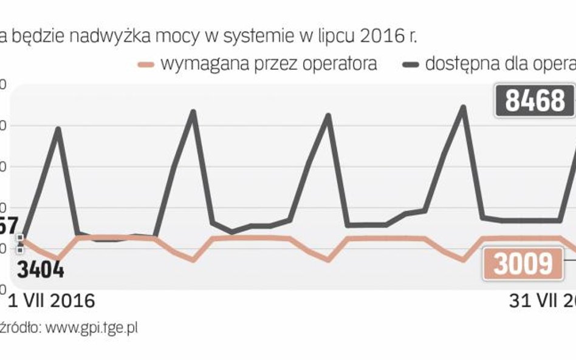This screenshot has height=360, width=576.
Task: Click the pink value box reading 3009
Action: pos(523,264)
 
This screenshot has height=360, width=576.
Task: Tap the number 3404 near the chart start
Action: pos(40,269)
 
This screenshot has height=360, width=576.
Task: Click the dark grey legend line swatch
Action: pos(411,64)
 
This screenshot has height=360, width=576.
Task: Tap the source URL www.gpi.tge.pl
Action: pos(92,328)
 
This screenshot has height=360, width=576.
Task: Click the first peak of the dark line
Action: pos(58,128)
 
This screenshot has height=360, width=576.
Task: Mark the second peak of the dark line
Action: pos(193,112)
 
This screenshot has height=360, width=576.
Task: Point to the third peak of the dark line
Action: pos(328,115)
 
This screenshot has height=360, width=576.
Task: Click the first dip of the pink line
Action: pos(58,259)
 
